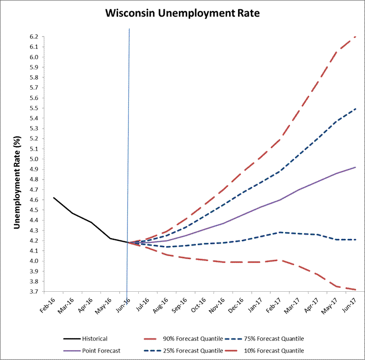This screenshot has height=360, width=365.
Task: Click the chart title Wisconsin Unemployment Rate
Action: tap(182, 14)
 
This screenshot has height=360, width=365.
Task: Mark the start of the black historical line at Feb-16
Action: tap(54, 198)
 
